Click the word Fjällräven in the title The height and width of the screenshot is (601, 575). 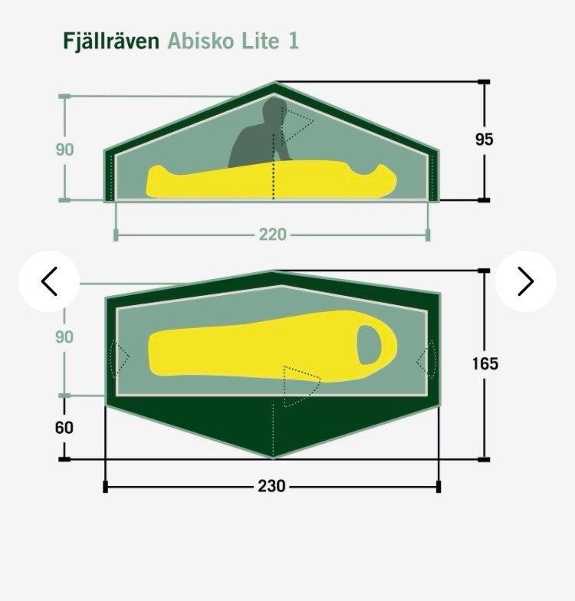pyautogui.click(x=111, y=41)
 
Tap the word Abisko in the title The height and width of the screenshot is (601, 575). pyautogui.click(x=200, y=41)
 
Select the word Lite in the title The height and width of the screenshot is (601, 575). pyautogui.click(x=261, y=41)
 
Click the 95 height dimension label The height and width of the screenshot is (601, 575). pyautogui.click(x=485, y=140)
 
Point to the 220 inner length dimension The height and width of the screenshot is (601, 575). pyautogui.click(x=273, y=235)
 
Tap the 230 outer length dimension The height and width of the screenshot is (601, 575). pyautogui.click(x=271, y=486)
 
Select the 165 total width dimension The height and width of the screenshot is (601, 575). pyautogui.click(x=485, y=363)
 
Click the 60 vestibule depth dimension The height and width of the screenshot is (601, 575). pyautogui.click(x=64, y=428)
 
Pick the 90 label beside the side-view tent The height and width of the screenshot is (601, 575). pyautogui.click(x=64, y=149)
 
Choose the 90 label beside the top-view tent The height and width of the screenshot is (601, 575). pyautogui.click(x=64, y=337)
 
